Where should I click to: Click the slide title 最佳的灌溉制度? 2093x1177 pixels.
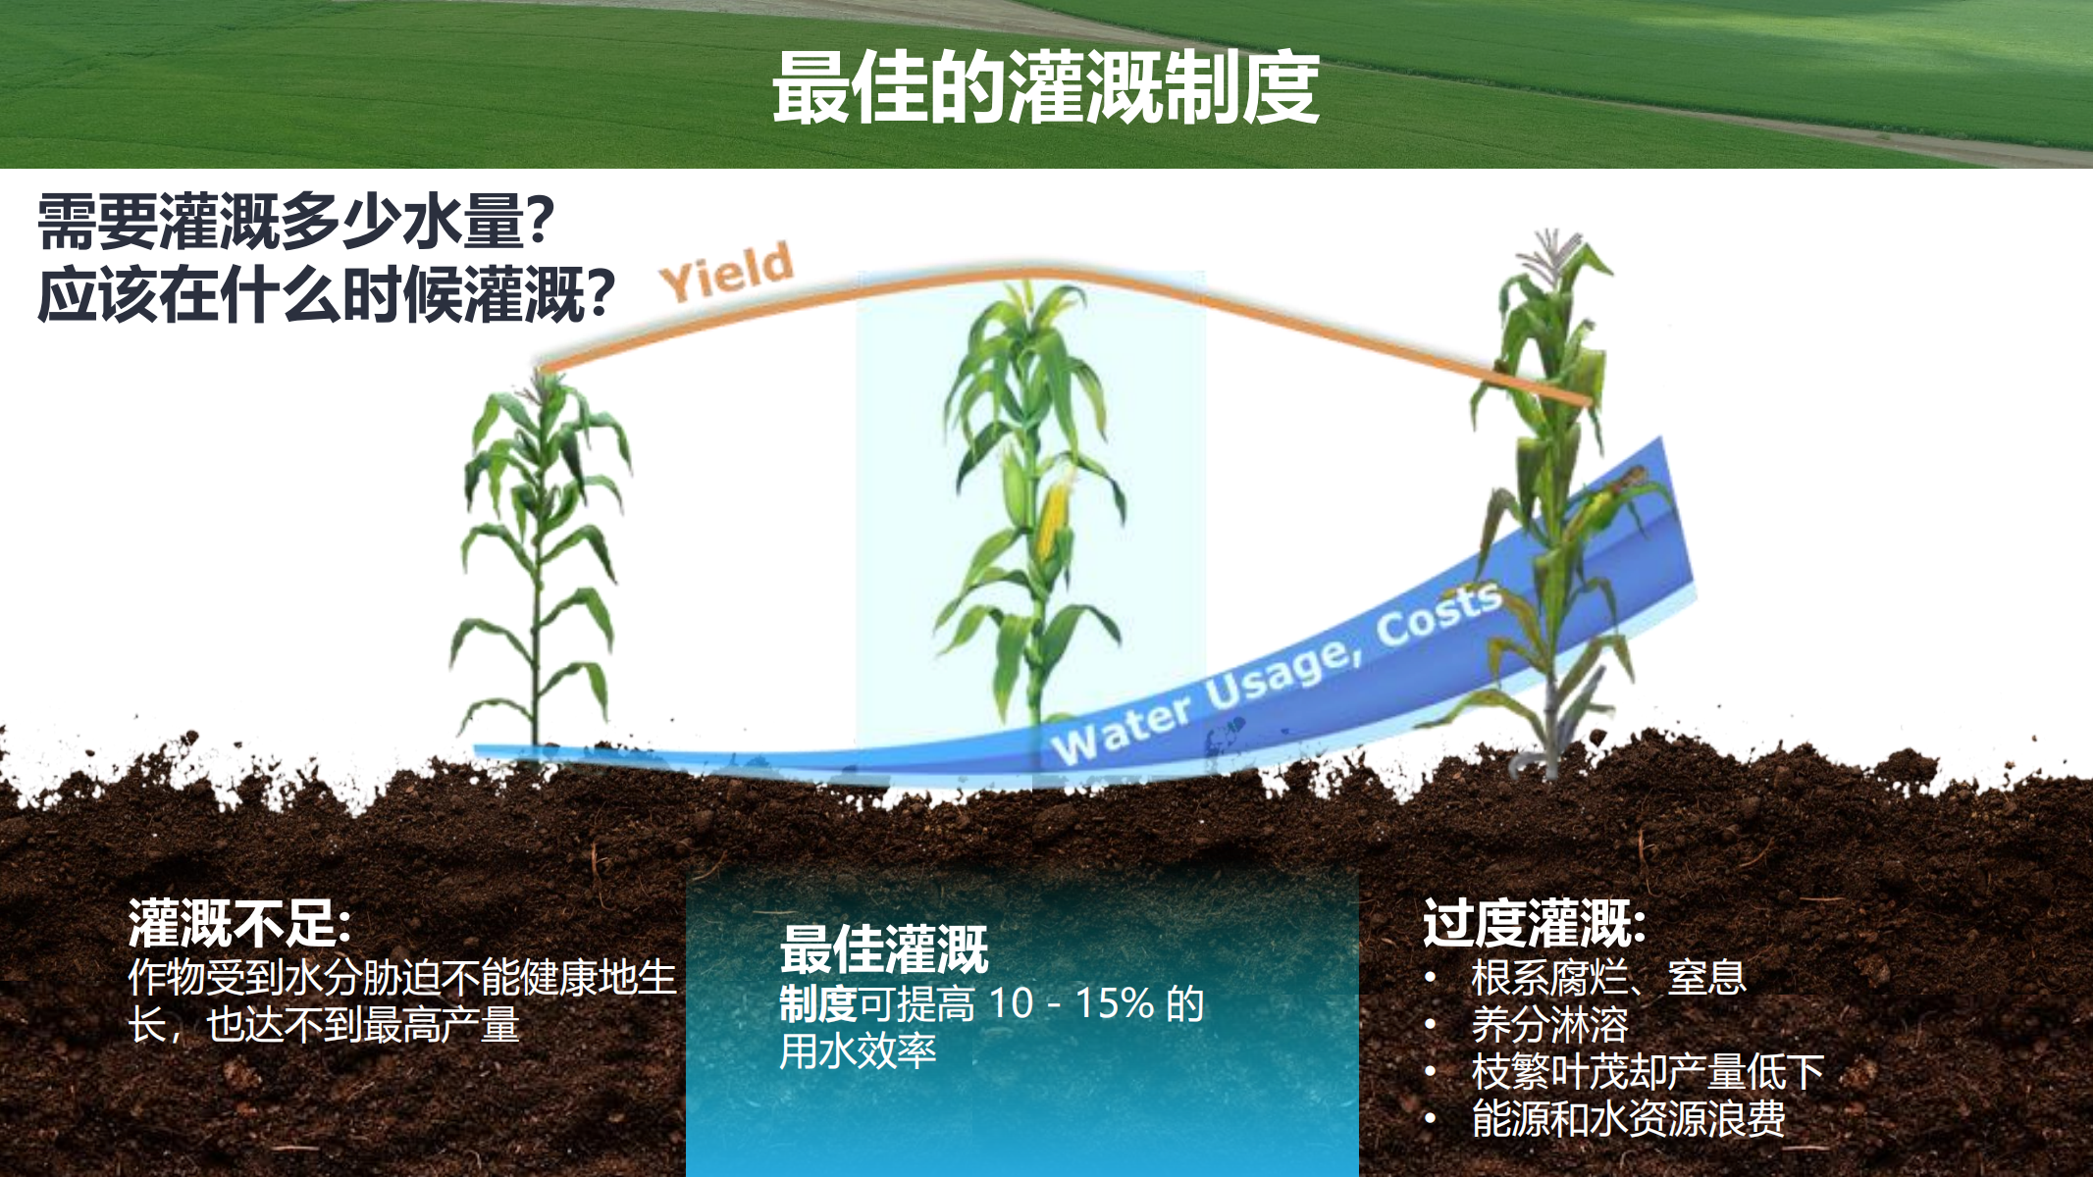click(x=1045, y=88)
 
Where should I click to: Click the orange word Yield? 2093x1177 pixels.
click(x=726, y=271)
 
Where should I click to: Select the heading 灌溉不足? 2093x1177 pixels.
click(x=239, y=923)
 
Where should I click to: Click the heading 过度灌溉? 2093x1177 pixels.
click(x=1535, y=923)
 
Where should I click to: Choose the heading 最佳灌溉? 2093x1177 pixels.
click(x=883, y=948)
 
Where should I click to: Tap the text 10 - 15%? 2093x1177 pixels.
click(x=1072, y=1003)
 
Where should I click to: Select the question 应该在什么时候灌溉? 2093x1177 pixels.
click(x=327, y=294)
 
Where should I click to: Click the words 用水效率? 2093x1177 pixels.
click(x=859, y=1050)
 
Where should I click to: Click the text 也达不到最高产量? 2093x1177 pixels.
click(x=363, y=1025)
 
